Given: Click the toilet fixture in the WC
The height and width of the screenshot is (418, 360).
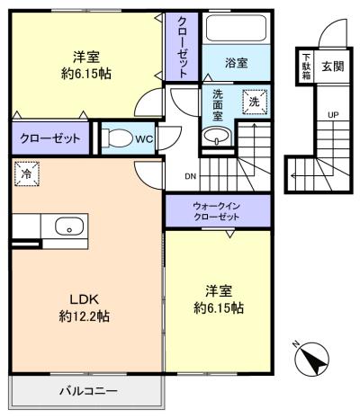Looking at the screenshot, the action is tap(118, 138).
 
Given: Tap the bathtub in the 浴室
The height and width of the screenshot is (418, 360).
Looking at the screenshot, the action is tap(236, 28).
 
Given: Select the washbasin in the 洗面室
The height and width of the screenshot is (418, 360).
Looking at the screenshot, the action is tap(216, 136).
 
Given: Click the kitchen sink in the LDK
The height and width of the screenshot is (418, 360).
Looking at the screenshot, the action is tap(69, 227).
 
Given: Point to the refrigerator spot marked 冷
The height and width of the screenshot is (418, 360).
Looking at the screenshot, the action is tap(27, 173).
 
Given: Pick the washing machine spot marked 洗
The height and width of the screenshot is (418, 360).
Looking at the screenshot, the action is tap(255, 102).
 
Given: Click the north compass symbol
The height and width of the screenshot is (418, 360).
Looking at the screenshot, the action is tap(311, 359).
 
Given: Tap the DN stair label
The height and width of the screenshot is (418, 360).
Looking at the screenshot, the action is tap(190, 176).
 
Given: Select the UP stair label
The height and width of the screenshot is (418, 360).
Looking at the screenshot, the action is tap(333, 115).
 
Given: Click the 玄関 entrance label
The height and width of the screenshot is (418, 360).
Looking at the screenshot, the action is tap(332, 67).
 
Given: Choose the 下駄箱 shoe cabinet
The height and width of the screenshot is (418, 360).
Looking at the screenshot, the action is tap(306, 67).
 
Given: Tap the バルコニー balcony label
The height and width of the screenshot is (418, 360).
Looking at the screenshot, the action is tap(88, 391).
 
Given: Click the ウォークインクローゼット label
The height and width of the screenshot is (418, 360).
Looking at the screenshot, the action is tap(217, 211).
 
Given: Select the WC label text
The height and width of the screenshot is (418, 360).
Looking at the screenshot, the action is tap(144, 139).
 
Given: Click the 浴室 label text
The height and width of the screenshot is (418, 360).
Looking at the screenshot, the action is tap(237, 63).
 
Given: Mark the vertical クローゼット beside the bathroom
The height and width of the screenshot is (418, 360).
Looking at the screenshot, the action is tap(182, 47).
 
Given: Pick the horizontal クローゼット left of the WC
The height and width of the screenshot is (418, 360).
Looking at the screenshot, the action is tap(50, 138).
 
